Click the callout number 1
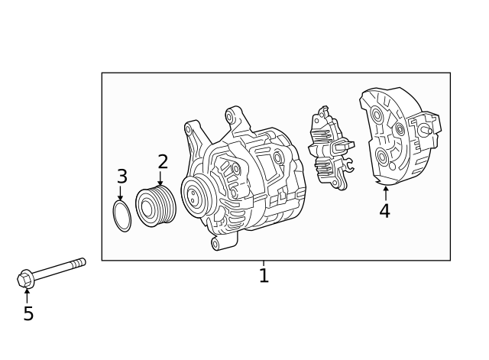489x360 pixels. coord(264,276)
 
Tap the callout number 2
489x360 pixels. coord(162,161)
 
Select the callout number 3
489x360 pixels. coord(121,177)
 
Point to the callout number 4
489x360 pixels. coord(385,211)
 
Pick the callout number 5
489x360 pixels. coord(28,313)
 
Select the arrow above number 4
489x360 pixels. coord(385,193)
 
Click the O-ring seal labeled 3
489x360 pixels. coord(122,216)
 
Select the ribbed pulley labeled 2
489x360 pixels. coord(156,205)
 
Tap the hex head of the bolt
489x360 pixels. coord(24,280)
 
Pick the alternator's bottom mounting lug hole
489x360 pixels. coord(216,244)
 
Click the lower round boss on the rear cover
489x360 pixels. coord(384,159)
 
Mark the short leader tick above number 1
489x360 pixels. coord(264,264)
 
